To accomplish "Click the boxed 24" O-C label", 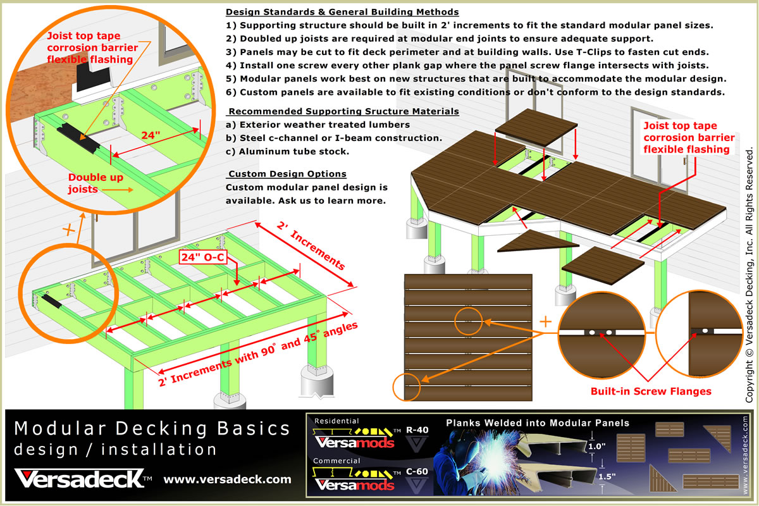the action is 203,257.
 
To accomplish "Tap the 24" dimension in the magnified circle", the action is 151,135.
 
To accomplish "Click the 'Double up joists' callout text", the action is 96,183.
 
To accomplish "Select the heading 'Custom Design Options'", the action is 287,174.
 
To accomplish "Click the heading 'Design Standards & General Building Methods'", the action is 342,12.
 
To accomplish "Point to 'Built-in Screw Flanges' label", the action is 651,391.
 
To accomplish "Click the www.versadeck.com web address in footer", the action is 227,479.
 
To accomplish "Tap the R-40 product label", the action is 417,429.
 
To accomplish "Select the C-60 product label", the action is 417,471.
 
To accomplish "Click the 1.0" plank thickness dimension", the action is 596,446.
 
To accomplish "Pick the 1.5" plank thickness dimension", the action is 607,476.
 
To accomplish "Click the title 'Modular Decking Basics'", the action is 152,428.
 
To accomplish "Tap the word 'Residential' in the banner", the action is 336,421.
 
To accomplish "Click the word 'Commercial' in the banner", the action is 336,460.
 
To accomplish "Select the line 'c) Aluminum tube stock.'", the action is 287,152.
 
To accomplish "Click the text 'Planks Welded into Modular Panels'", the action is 538,423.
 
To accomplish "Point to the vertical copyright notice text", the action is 749,275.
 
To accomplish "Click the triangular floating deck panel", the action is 538,241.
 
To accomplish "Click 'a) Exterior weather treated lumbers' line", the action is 318,125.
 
